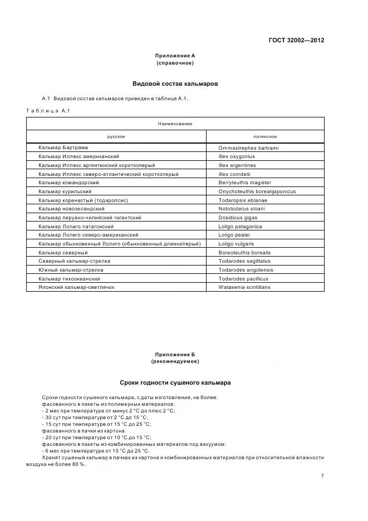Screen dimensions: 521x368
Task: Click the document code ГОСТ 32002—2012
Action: [x=296, y=40]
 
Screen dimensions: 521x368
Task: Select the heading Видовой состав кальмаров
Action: [x=175, y=84]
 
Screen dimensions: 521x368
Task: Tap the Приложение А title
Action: [x=175, y=56]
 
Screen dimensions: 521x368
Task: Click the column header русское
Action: [x=116, y=136]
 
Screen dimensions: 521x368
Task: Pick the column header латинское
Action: [x=265, y=136]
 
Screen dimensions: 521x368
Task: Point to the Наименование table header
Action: [x=175, y=124]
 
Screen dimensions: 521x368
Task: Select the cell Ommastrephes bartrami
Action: [x=248, y=148]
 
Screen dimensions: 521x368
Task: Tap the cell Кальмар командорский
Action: [x=68, y=183]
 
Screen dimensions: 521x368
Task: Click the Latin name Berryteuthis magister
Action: [x=244, y=183]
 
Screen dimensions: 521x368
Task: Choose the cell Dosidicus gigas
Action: [x=238, y=218]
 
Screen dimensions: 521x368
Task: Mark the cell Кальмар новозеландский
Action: [x=71, y=209]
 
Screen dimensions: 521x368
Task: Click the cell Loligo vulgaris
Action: [x=236, y=244]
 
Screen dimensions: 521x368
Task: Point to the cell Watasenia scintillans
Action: [x=244, y=287]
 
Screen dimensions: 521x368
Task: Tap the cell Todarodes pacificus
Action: [x=243, y=279]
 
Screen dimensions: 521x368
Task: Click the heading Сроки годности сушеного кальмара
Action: [x=175, y=383]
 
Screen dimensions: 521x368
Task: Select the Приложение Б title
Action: [x=175, y=355]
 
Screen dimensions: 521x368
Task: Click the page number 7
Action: [x=322, y=475]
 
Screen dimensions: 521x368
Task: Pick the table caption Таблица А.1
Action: [x=48, y=111]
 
